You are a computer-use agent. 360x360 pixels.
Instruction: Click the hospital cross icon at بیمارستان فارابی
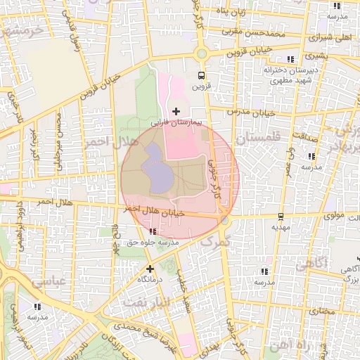click(176, 111)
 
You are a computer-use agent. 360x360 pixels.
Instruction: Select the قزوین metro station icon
click(202, 75)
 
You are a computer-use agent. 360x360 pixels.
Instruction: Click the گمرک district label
click(215, 241)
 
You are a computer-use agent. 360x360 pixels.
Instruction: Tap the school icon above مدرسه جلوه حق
click(153, 231)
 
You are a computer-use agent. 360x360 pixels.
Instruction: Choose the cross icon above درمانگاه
click(149, 268)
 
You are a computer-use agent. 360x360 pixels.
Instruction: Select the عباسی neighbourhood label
click(47, 281)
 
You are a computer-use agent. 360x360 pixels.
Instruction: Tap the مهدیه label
click(281, 227)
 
